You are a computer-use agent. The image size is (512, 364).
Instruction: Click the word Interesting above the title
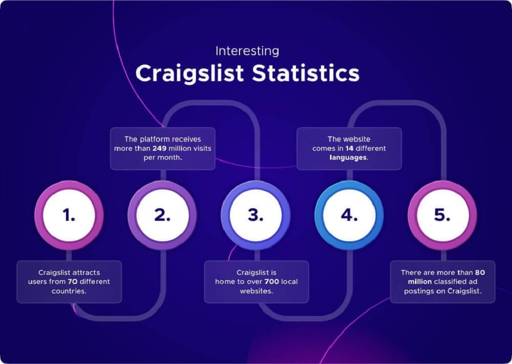(247, 52)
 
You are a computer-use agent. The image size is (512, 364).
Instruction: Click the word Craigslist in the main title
(189, 73)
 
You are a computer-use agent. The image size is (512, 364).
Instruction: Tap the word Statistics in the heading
(305, 73)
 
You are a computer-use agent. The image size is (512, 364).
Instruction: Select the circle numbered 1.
(69, 215)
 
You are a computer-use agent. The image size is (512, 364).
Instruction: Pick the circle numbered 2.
(162, 215)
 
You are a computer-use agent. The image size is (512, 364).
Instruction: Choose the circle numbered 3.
(255, 215)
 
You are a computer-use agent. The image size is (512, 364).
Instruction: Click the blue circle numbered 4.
(349, 215)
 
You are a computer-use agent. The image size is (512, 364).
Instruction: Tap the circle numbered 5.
(442, 215)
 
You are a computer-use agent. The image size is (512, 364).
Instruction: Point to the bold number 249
(159, 149)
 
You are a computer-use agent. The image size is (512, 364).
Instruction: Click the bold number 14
(349, 149)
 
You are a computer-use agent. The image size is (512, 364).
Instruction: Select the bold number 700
(271, 281)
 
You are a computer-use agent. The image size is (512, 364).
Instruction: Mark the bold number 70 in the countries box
(72, 281)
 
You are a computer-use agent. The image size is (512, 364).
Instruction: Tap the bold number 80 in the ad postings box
(480, 272)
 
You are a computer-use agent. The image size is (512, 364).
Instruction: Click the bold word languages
(348, 158)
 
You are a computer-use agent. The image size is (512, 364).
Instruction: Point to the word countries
(69, 291)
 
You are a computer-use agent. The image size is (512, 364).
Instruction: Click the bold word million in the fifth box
(419, 281)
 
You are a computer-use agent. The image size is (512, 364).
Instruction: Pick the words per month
(162, 158)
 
